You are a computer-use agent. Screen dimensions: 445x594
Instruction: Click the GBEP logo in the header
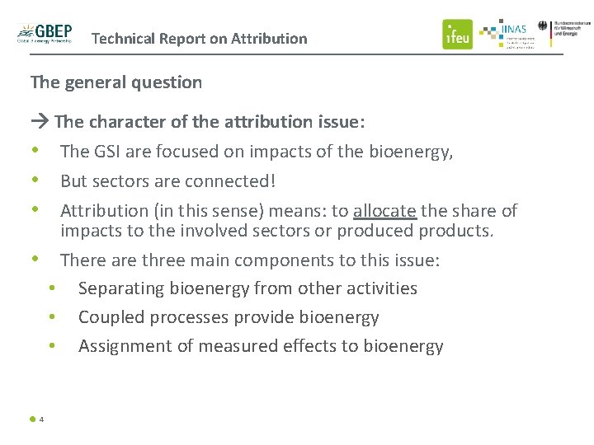point(45,33)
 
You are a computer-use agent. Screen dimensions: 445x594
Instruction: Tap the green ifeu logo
point(457,34)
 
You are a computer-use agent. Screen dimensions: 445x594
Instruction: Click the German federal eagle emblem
point(543,26)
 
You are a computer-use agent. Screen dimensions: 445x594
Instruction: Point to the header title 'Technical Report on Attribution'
point(199,39)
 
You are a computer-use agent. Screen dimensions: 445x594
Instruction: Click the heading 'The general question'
point(115,82)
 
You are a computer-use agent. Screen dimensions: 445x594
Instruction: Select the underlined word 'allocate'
point(384,211)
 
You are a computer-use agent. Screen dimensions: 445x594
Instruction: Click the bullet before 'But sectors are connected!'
point(35,180)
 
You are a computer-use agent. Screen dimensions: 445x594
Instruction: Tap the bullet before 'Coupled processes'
point(52,317)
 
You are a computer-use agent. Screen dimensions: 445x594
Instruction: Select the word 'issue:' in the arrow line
point(341,123)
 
